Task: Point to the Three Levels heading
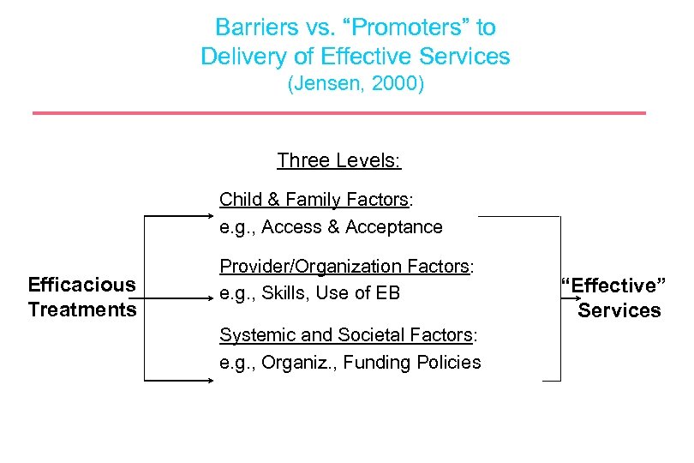(339, 160)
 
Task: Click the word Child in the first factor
(239, 200)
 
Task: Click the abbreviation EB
(388, 293)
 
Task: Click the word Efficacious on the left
(81, 285)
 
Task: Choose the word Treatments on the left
(81, 310)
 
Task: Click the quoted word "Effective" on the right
(613, 285)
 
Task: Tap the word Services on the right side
(619, 310)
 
